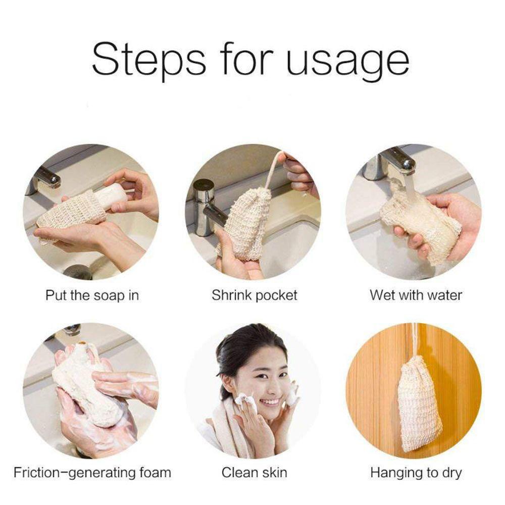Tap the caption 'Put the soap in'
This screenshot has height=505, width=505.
point(92,295)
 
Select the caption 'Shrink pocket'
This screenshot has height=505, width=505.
point(255,295)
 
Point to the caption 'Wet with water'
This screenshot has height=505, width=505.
point(416,295)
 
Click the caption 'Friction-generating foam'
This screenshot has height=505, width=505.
point(92,473)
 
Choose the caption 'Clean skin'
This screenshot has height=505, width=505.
point(255,473)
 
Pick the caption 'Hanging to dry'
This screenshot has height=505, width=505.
point(416,473)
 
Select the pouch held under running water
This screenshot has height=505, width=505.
point(419,222)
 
